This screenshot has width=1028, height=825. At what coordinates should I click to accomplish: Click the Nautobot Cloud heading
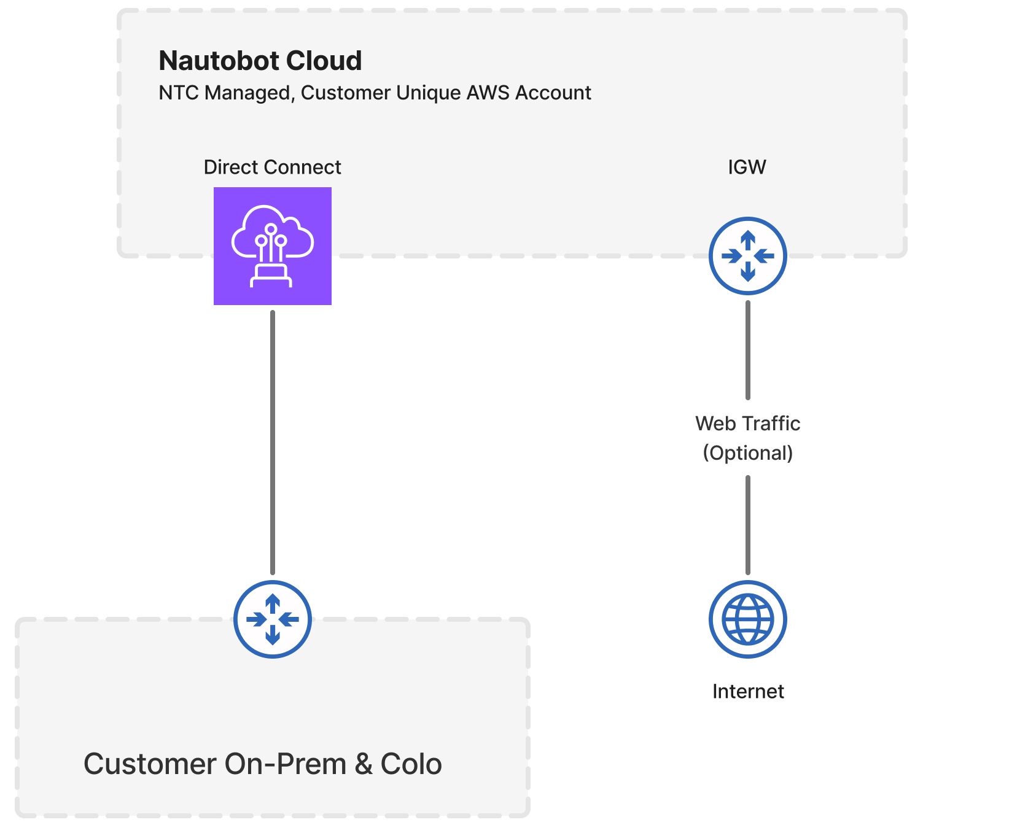[x=260, y=61]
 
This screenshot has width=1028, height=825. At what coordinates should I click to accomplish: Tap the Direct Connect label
[x=272, y=167]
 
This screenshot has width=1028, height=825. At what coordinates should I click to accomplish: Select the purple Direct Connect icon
[x=272, y=246]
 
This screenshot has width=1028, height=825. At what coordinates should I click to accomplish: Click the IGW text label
[x=747, y=167]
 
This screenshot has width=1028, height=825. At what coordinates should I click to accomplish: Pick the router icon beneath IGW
[x=747, y=256]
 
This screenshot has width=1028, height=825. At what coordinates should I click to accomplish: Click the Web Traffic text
[x=747, y=424]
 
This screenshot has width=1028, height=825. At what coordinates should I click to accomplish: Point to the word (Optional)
[x=747, y=453]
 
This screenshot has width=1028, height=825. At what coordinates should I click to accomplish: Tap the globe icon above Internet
[x=747, y=619]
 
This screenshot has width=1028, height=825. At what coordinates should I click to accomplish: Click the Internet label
[x=747, y=692]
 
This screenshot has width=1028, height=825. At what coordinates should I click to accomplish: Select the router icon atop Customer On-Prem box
[x=272, y=619]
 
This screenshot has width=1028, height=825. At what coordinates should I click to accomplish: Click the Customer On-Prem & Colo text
[x=262, y=764]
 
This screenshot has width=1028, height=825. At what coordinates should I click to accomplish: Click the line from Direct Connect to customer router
[x=272, y=442]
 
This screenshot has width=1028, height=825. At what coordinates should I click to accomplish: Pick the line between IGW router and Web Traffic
[x=747, y=350]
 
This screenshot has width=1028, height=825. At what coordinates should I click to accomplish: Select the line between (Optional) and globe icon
[x=747, y=525]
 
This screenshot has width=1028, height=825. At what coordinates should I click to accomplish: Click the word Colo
[x=411, y=764]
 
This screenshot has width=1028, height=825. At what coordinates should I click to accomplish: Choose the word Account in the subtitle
[x=553, y=93]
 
